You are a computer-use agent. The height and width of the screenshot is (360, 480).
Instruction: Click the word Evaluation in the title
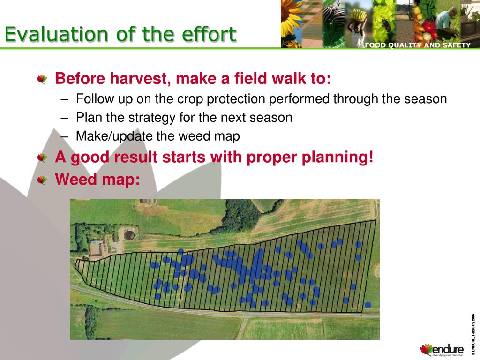56,34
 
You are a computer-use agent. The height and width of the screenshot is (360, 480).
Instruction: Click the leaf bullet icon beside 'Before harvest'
42,79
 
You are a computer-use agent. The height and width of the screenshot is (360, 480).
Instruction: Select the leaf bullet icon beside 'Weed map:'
42,180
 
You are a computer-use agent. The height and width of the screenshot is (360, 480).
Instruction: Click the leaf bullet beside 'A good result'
42,158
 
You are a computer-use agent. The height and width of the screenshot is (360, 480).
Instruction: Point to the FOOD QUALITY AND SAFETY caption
418,45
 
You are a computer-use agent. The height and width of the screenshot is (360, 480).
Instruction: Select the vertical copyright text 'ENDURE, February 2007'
473,334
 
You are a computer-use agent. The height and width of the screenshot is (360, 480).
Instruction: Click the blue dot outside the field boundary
368,305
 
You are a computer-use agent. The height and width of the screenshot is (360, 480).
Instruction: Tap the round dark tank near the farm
129,235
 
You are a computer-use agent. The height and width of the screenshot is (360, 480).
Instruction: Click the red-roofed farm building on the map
97,248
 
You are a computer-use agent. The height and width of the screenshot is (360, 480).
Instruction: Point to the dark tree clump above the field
242,214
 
